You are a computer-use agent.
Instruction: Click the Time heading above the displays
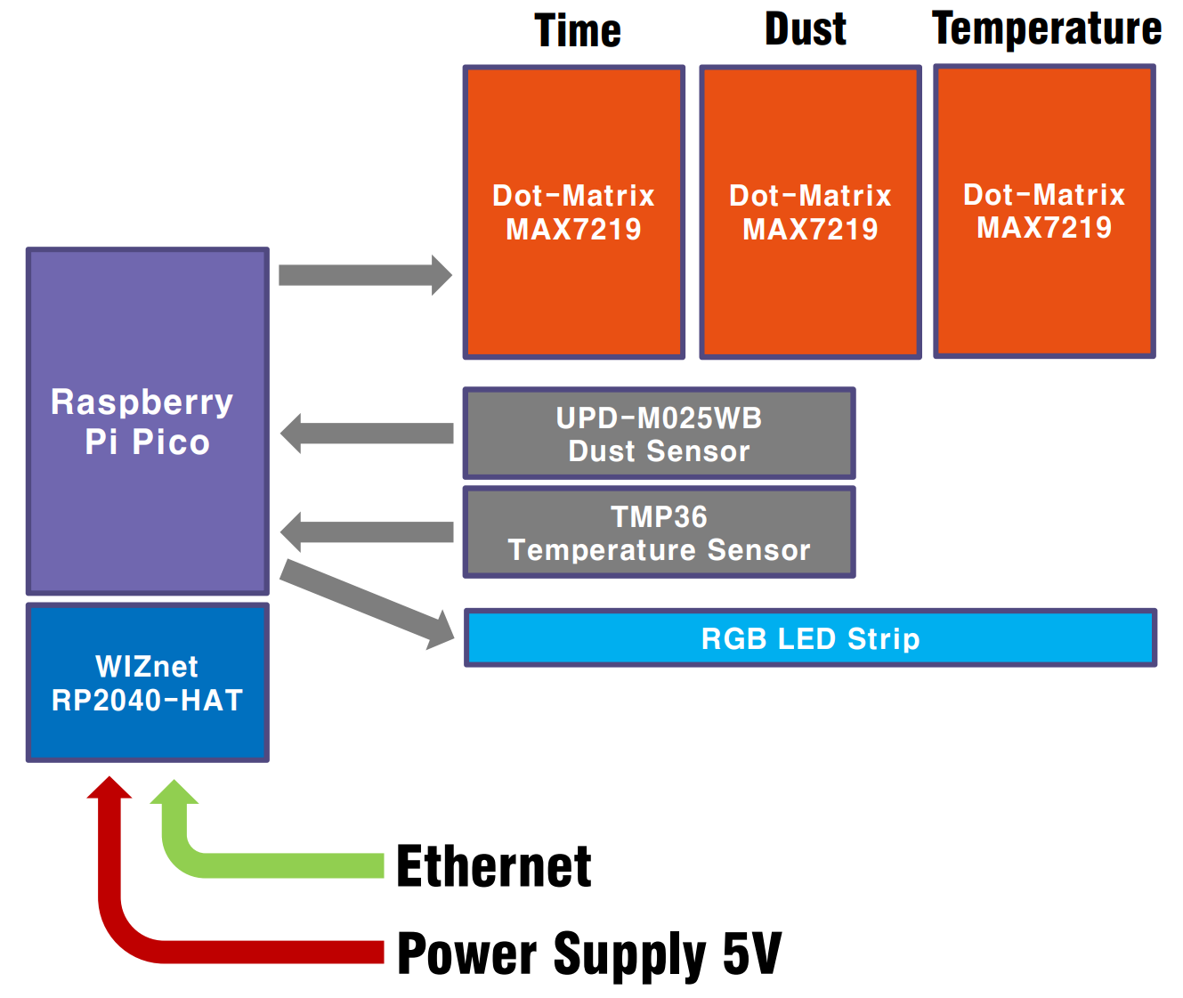[577, 30]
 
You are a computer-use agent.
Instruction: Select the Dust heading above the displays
[805, 28]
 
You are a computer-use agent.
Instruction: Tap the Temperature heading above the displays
[1046, 29]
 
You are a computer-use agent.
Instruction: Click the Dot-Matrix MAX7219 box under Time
[573, 212]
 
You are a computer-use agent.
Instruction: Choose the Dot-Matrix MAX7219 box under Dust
[810, 212]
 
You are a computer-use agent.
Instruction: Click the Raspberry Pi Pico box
[147, 421]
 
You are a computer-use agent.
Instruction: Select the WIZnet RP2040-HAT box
[147, 682]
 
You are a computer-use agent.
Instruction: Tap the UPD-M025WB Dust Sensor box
[659, 434]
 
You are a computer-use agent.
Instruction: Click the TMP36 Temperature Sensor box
[659, 532]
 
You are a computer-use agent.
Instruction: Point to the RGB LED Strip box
[810, 637]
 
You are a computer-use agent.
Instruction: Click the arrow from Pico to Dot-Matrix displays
[365, 275]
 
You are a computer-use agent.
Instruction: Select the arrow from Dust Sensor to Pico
[367, 434]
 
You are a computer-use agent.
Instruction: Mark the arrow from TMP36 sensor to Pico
[367, 532]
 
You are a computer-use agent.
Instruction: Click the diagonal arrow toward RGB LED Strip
[367, 604]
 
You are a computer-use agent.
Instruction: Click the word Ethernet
[493, 866]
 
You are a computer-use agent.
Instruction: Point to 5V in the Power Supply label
[752, 953]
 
